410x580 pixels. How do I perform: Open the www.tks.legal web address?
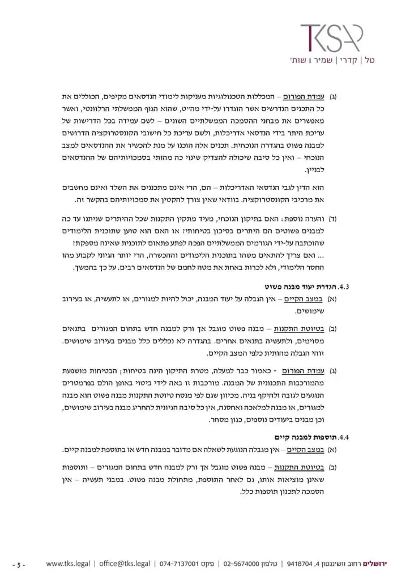66,564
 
